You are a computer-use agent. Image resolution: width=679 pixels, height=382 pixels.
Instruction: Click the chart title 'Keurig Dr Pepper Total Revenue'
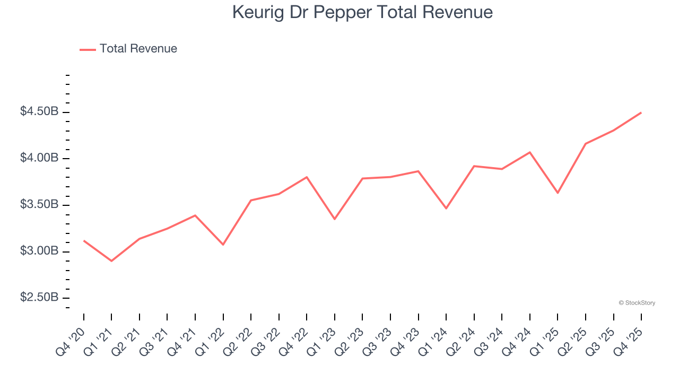[362, 12]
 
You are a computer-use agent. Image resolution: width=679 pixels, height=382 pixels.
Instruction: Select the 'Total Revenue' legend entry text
[138, 49]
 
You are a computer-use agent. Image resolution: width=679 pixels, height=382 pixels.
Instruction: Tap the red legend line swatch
[88, 49]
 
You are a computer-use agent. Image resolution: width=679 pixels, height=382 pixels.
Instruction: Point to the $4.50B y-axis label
[39, 112]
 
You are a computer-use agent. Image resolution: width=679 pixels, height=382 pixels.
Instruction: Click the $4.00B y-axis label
[39, 158]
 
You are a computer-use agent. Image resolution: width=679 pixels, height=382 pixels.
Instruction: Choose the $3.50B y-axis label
[39, 205]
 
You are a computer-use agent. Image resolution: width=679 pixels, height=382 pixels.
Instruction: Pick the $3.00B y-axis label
[39, 251]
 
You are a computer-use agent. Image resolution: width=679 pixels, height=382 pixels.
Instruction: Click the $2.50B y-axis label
[39, 297]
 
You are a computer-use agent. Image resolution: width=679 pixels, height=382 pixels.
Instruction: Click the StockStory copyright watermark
[637, 303]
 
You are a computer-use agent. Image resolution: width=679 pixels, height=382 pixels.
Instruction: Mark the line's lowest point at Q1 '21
[111, 261]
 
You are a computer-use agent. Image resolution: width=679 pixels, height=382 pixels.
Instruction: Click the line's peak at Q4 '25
[641, 112]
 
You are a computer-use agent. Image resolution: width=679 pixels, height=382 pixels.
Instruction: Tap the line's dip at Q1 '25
[558, 193]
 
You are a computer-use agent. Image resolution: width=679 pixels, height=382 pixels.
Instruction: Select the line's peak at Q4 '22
[307, 177]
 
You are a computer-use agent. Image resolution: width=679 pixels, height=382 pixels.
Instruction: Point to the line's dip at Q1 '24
[446, 208]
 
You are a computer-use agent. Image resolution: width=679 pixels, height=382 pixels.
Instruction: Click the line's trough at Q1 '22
[223, 245]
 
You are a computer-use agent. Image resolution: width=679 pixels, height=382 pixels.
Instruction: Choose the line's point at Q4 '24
[529, 152]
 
